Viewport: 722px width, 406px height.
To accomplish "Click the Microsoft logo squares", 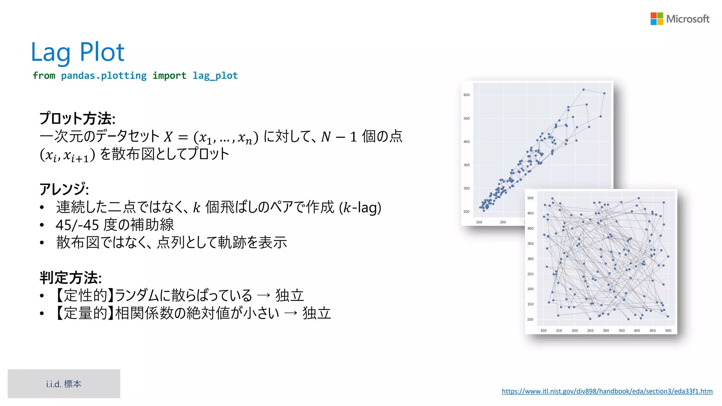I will (657, 19).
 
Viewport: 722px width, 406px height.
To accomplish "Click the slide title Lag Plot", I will (78, 52).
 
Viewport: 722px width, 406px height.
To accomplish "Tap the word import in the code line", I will (169, 76).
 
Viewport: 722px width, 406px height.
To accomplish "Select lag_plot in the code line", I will (215, 76).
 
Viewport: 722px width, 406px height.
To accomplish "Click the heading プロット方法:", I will (77, 118).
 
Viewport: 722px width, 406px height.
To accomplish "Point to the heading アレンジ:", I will (64, 189).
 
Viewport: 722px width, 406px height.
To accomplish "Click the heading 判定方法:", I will (71, 278).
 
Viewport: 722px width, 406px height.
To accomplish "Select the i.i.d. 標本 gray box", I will (64, 384).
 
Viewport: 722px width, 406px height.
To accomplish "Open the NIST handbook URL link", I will (607, 391).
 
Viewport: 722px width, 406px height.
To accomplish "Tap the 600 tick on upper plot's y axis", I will (466, 95).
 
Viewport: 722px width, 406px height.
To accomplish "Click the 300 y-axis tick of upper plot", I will (466, 165).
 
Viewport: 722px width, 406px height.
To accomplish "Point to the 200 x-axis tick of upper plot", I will (503, 222).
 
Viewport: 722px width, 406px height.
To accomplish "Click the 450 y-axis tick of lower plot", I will (530, 213).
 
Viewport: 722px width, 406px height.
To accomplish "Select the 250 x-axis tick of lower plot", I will (590, 331).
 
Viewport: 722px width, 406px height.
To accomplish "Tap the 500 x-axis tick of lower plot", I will (668, 331).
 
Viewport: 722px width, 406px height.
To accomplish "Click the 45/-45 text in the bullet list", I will (77, 225).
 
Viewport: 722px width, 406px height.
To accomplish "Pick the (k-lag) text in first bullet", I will (360, 207).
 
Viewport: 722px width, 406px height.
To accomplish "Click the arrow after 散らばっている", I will (263, 295).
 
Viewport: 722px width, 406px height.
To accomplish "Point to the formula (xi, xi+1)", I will (67, 155).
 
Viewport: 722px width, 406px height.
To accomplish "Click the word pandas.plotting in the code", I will (104, 76).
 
